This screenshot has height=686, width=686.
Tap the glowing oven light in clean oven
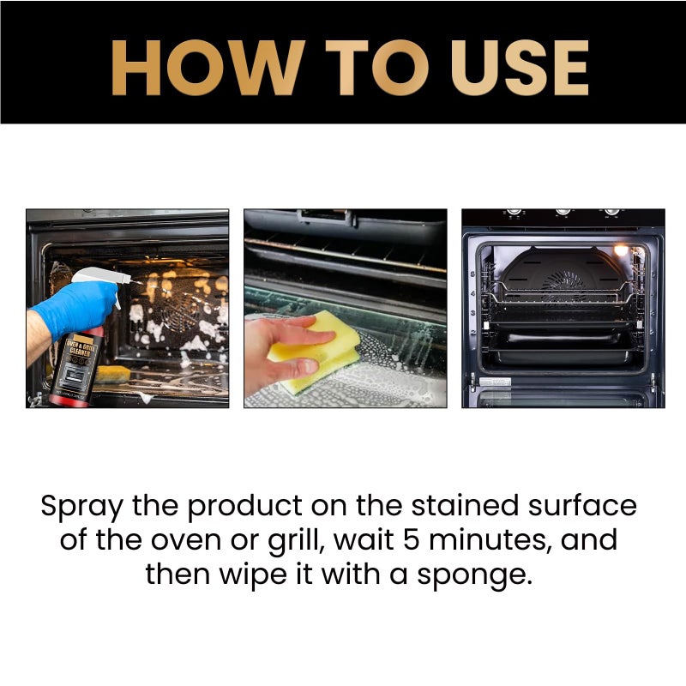click(620, 250)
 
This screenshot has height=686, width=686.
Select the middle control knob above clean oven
click(563, 212)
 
